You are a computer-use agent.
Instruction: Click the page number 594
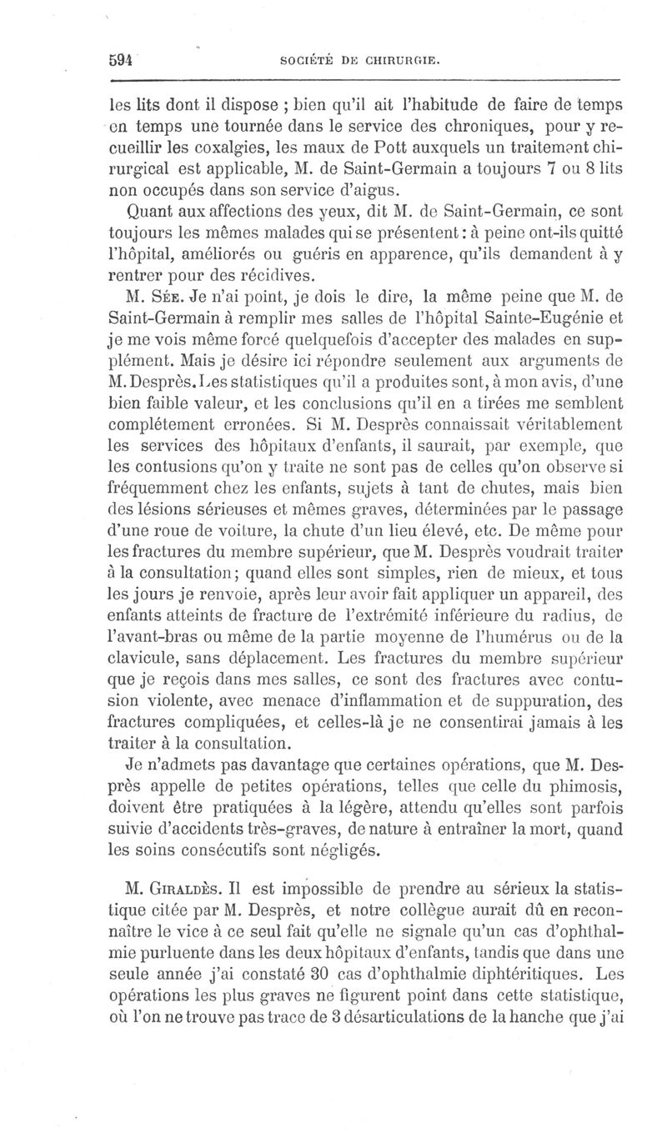122,60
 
